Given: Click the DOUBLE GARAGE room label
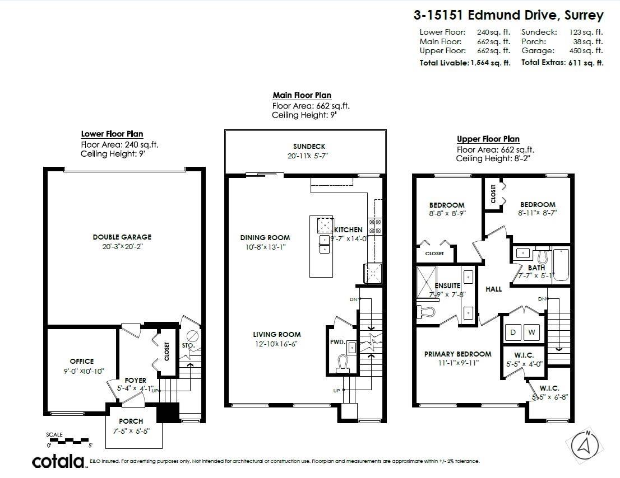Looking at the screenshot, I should [x=122, y=237].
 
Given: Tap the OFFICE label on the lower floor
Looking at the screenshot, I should [x=82, y=361].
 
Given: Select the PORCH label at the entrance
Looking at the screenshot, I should [x=131, y=421].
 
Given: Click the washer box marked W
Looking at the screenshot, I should [x=531, y=332].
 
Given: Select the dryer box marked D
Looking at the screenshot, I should [x=513, y=332].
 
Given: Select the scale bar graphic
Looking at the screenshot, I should [x=69, y=440].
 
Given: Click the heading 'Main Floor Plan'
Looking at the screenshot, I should [x=302, y=95].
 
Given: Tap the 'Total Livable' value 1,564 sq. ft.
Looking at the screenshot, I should [x=489, y=63].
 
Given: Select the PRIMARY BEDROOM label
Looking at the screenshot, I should [x=457, y=354].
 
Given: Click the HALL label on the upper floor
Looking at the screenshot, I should [x=493, y=289].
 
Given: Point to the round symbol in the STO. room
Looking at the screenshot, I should [x=193, y=336].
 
